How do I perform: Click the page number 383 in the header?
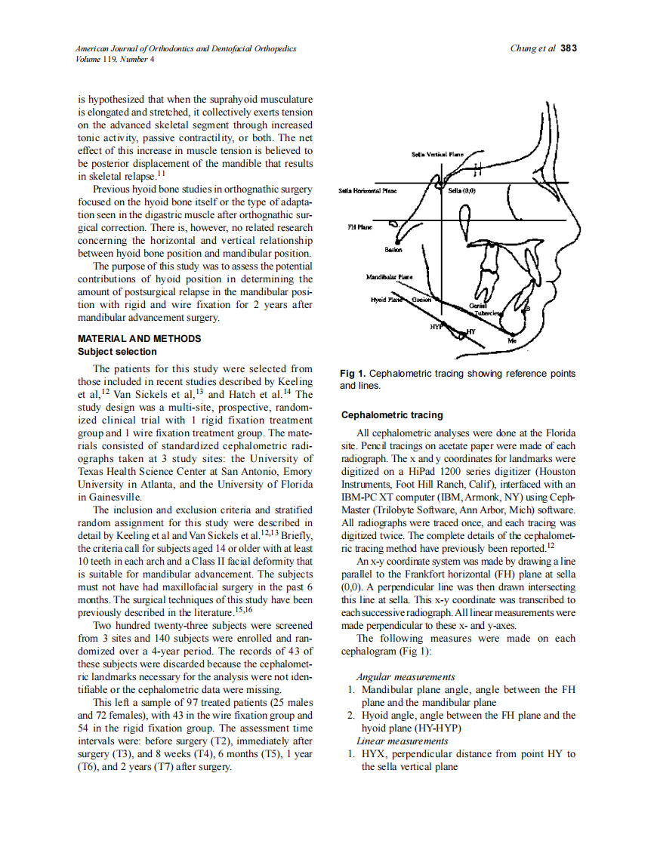(x=569, y=48)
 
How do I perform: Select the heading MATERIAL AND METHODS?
(x=140, y=339)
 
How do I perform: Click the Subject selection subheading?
(x=117, y=352)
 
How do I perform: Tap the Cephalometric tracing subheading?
(x=392, y=415)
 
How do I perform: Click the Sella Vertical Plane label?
(x=437, y=154)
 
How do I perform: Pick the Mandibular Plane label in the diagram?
(x=389, y=277)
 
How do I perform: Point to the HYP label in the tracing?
(x=436, y=327)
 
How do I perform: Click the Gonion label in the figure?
(x=421, y=300)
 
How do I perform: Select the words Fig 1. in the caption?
(x=353, y=374)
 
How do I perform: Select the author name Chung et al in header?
(x=533, y=48)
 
